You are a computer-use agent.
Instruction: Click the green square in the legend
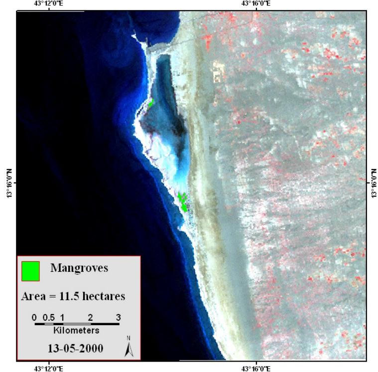pos(30,270)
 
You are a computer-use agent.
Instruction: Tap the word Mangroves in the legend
pos(79,268)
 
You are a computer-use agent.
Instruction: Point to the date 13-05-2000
pos(73,348)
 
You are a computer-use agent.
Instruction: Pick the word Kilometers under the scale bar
pos(76,330)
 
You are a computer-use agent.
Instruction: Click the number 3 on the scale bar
pos(118,317)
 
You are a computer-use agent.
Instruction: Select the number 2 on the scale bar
pos(90,317)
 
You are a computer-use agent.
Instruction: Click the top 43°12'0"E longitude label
pos(48,3)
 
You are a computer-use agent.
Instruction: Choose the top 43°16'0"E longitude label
pos(255,3)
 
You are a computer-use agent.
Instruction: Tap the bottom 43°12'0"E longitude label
pos(48,369)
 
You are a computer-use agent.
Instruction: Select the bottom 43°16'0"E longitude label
pos(255,369)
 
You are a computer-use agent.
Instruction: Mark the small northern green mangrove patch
pos(151,103)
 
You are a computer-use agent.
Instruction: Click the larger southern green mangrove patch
pos(183,202)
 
